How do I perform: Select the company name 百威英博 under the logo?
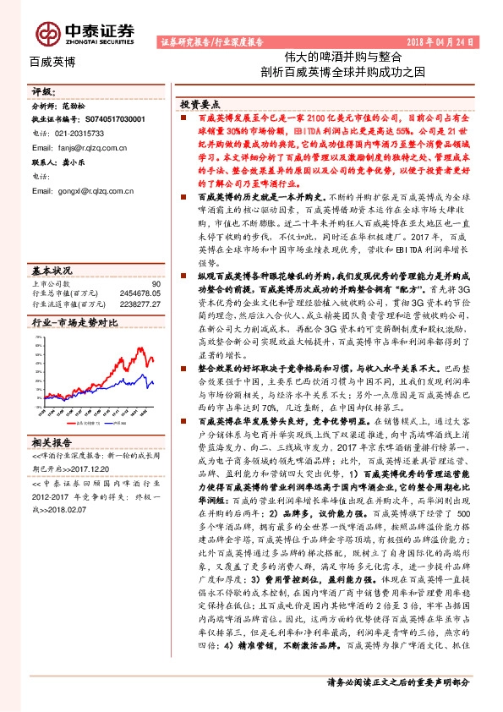52,62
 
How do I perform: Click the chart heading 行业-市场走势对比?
74,322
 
